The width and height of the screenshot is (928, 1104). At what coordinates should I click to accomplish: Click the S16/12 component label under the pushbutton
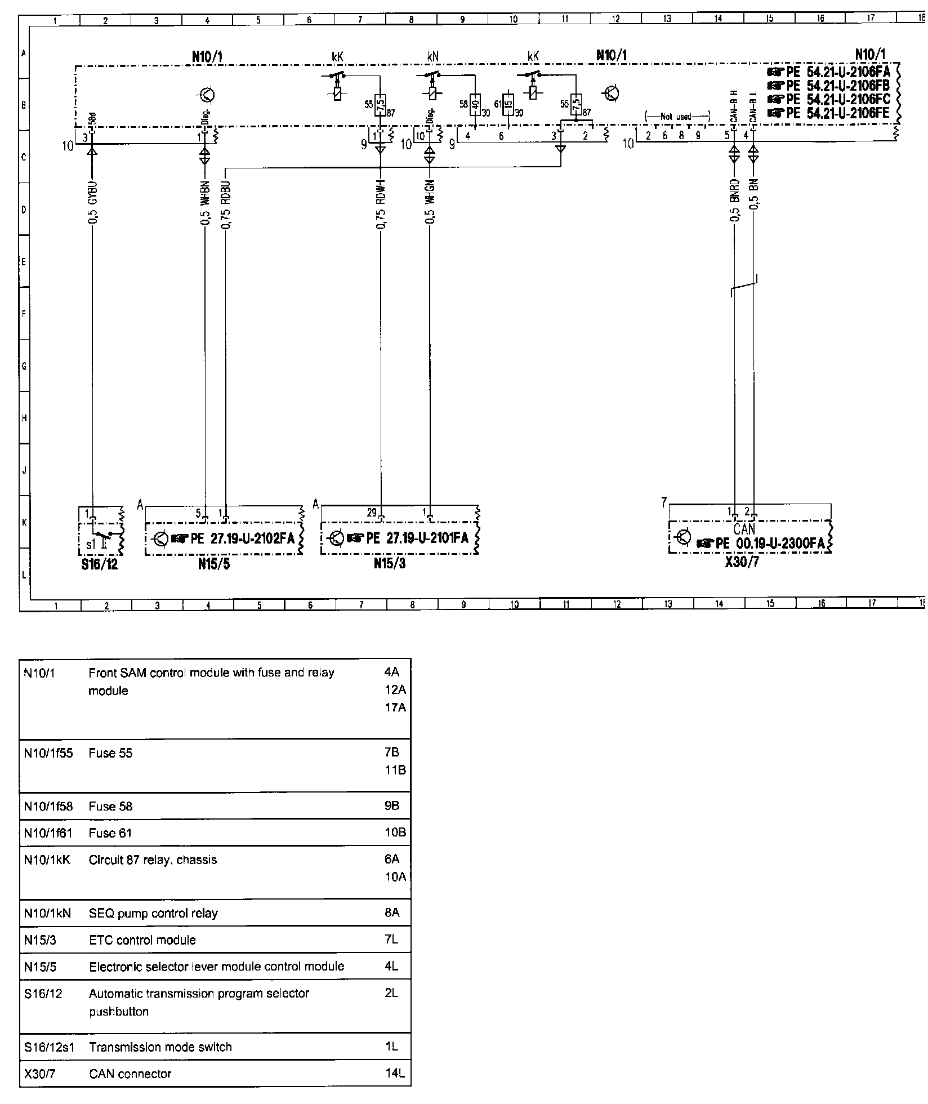[x=100, y=564]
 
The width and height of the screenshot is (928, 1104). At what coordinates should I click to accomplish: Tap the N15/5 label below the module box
[x=214, y=564]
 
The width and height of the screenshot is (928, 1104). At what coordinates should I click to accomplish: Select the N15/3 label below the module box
[x=390, y=564]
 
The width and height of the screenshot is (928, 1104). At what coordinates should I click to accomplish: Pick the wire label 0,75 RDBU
[x=226, y=206]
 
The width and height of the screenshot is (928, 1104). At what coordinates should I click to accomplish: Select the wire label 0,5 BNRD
[x=734, y=201]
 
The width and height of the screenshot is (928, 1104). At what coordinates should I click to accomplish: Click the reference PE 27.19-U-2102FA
[x=242, y=538]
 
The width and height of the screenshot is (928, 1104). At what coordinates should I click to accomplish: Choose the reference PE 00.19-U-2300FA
[x=769, y=544]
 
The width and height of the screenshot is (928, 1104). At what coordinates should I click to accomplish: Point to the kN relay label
[x=432, y=57]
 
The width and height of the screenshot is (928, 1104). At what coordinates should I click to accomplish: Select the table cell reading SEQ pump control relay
[x=153, y=913]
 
